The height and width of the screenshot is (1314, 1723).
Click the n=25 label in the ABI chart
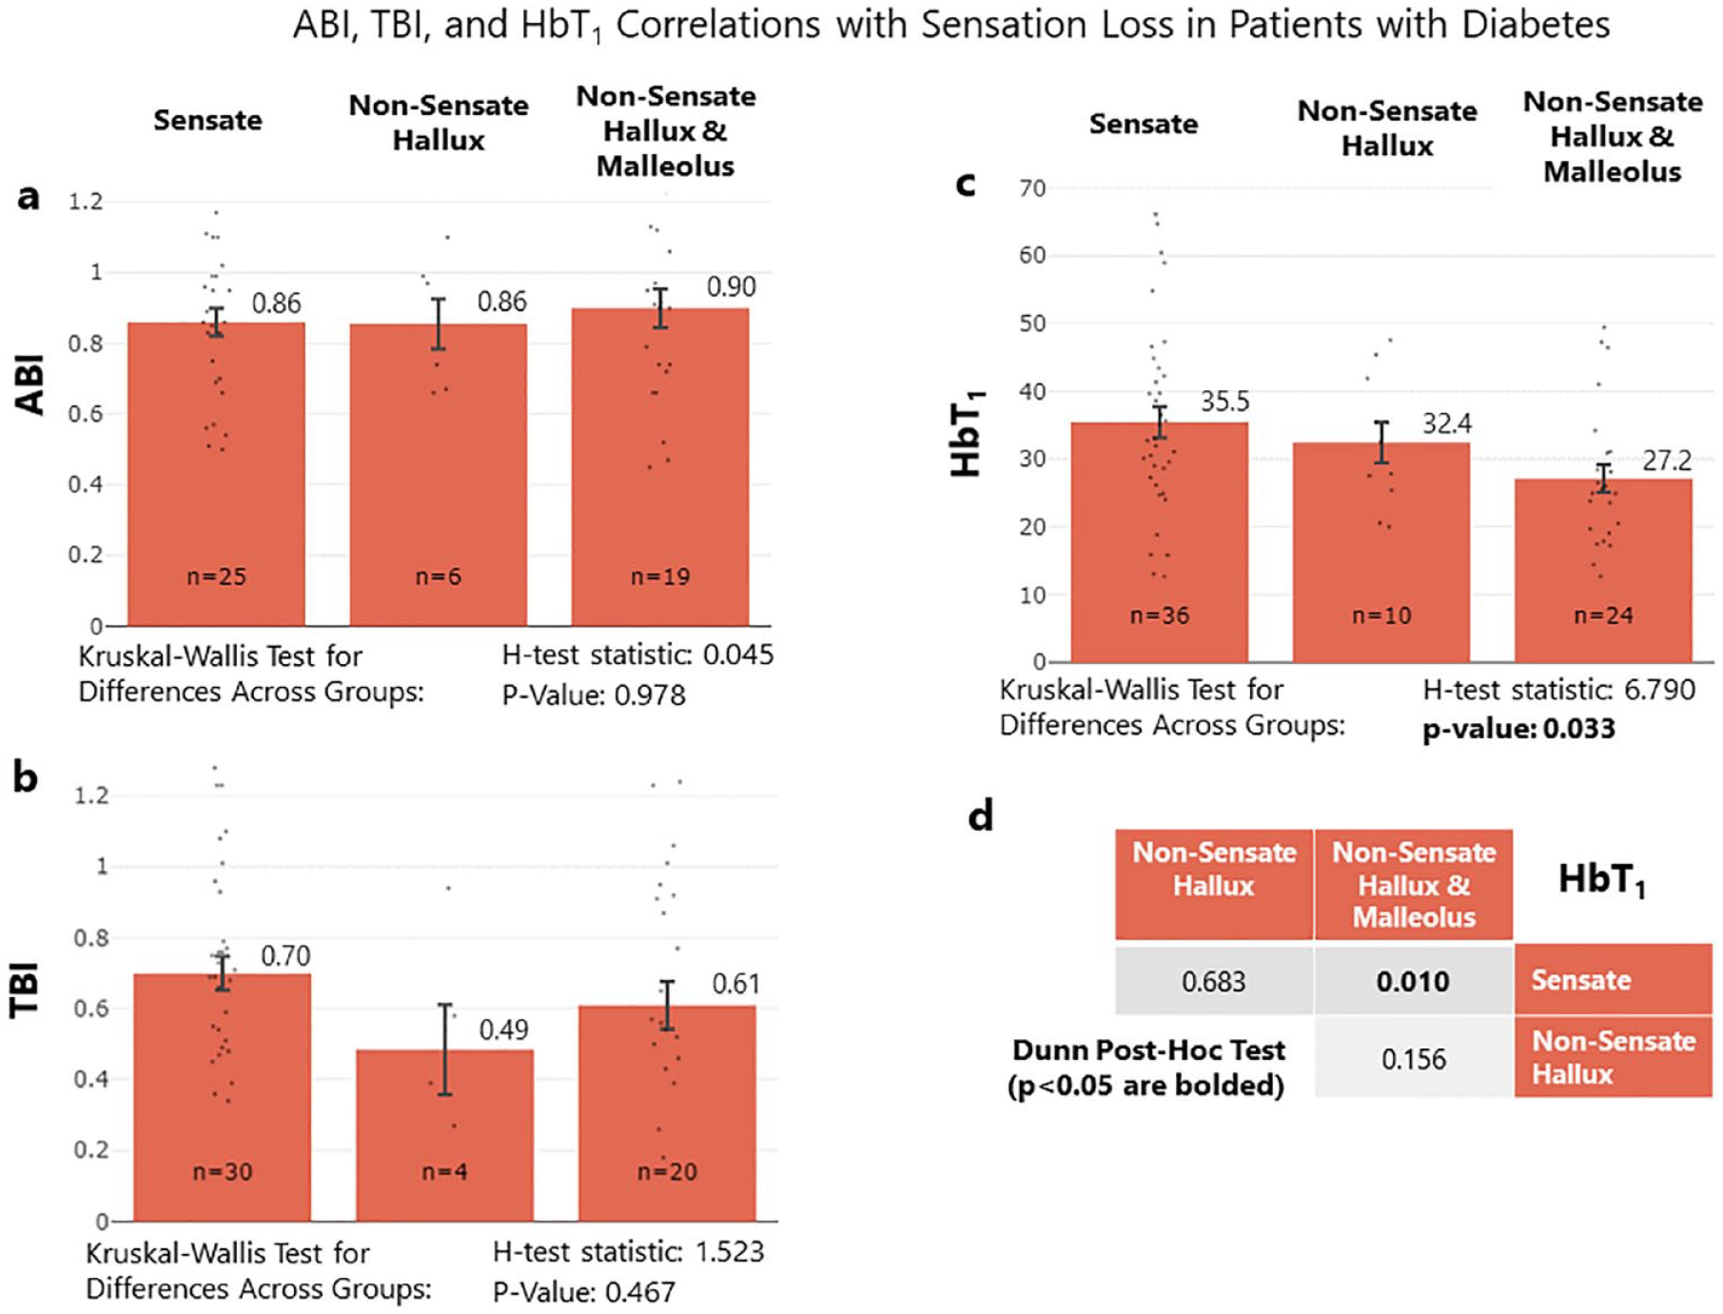pos(216,577)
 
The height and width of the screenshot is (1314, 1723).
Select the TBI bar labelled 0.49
pos(444,1135)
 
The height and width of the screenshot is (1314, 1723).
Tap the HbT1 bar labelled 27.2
pos(1603,570)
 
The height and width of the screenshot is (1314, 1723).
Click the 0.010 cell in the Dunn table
pos(1413,981)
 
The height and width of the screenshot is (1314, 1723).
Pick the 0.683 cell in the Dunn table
pos(1213,981)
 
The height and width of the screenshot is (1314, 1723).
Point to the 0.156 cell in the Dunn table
pos(1414,1058)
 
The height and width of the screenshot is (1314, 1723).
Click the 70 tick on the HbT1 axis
pos(1032,188)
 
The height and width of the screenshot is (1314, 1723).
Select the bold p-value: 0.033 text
pos(1518,729)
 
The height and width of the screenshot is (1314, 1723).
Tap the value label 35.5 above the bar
pos(1224,402)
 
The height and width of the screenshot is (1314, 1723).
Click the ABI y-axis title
pos(30,384)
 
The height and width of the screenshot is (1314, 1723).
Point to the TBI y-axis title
pos(25,990)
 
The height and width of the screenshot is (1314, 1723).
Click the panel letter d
pos(981,815)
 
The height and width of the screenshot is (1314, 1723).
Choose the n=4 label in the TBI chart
pos(444,1171)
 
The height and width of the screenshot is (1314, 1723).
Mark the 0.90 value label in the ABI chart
pos(731,286)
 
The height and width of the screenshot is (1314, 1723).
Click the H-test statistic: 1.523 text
pos(628,1251)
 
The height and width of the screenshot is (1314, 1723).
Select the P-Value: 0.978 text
pos(594,696)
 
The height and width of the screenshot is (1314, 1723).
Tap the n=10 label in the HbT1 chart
pos(1381,616)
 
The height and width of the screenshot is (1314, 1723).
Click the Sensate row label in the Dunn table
pos(1581,980)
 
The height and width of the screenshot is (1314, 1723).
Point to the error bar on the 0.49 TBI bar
pos(444,1049)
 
